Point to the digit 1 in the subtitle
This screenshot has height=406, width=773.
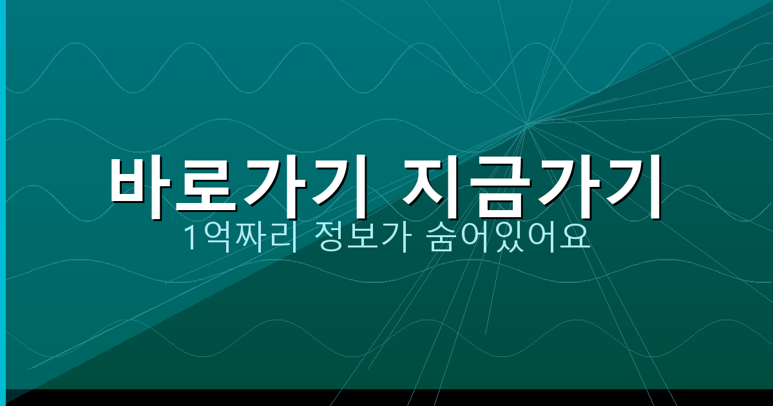(190, 239)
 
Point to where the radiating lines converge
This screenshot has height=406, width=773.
(527, 123)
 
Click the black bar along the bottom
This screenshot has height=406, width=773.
(386, 398)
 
